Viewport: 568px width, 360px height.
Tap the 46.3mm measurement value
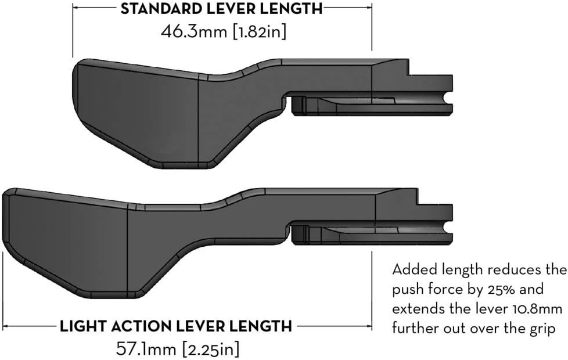(194, 31)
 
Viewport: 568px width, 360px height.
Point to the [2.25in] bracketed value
(211, 349)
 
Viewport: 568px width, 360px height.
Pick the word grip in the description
(542, 329)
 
